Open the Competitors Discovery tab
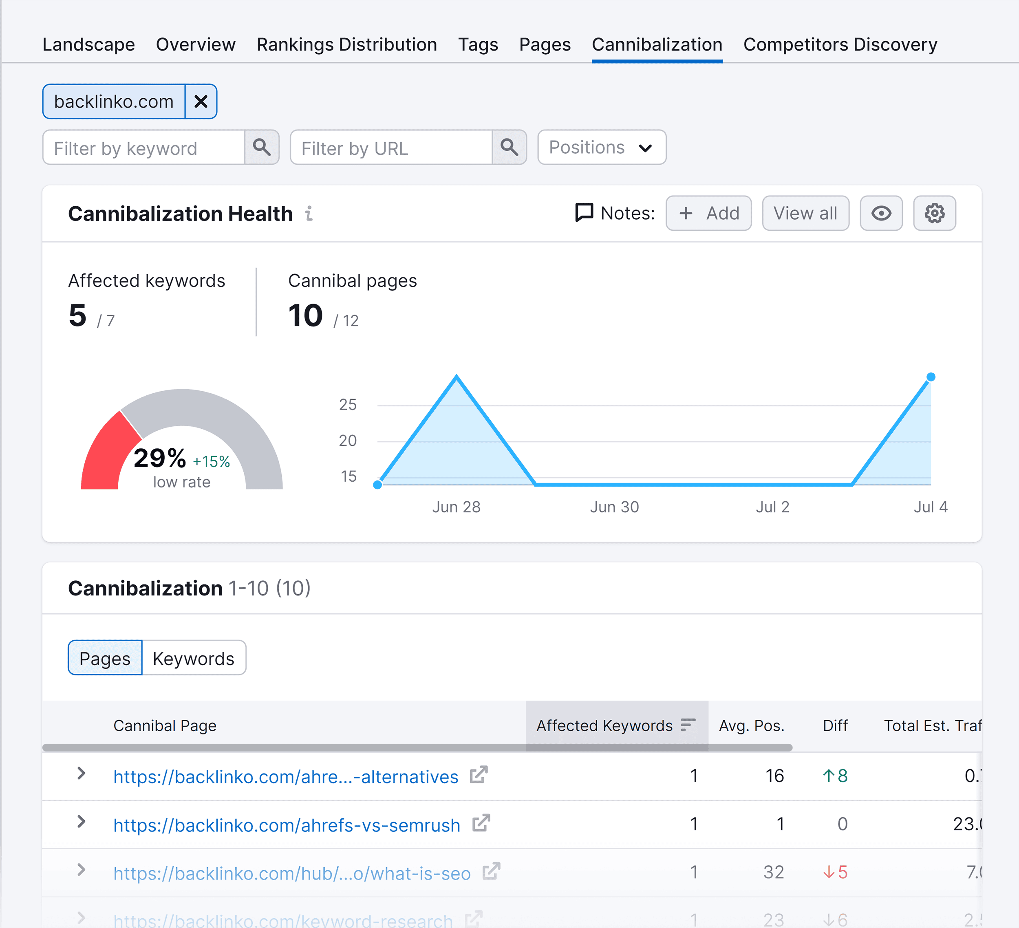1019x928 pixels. [840, 44]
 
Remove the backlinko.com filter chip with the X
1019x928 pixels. [201, 101]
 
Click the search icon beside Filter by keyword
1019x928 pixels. [261, 147]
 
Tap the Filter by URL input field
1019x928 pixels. [391, 148]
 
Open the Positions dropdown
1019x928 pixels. [602, 148]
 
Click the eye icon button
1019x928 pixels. [881, 213]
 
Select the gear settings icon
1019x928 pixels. [934, 213]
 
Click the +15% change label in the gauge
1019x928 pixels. [211, 461]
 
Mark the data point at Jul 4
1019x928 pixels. [931, 377]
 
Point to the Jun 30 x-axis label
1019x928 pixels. [614, 507]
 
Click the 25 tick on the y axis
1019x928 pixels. [348, 405]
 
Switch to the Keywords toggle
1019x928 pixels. [194, 658]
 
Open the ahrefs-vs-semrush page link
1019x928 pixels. [287, 825]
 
